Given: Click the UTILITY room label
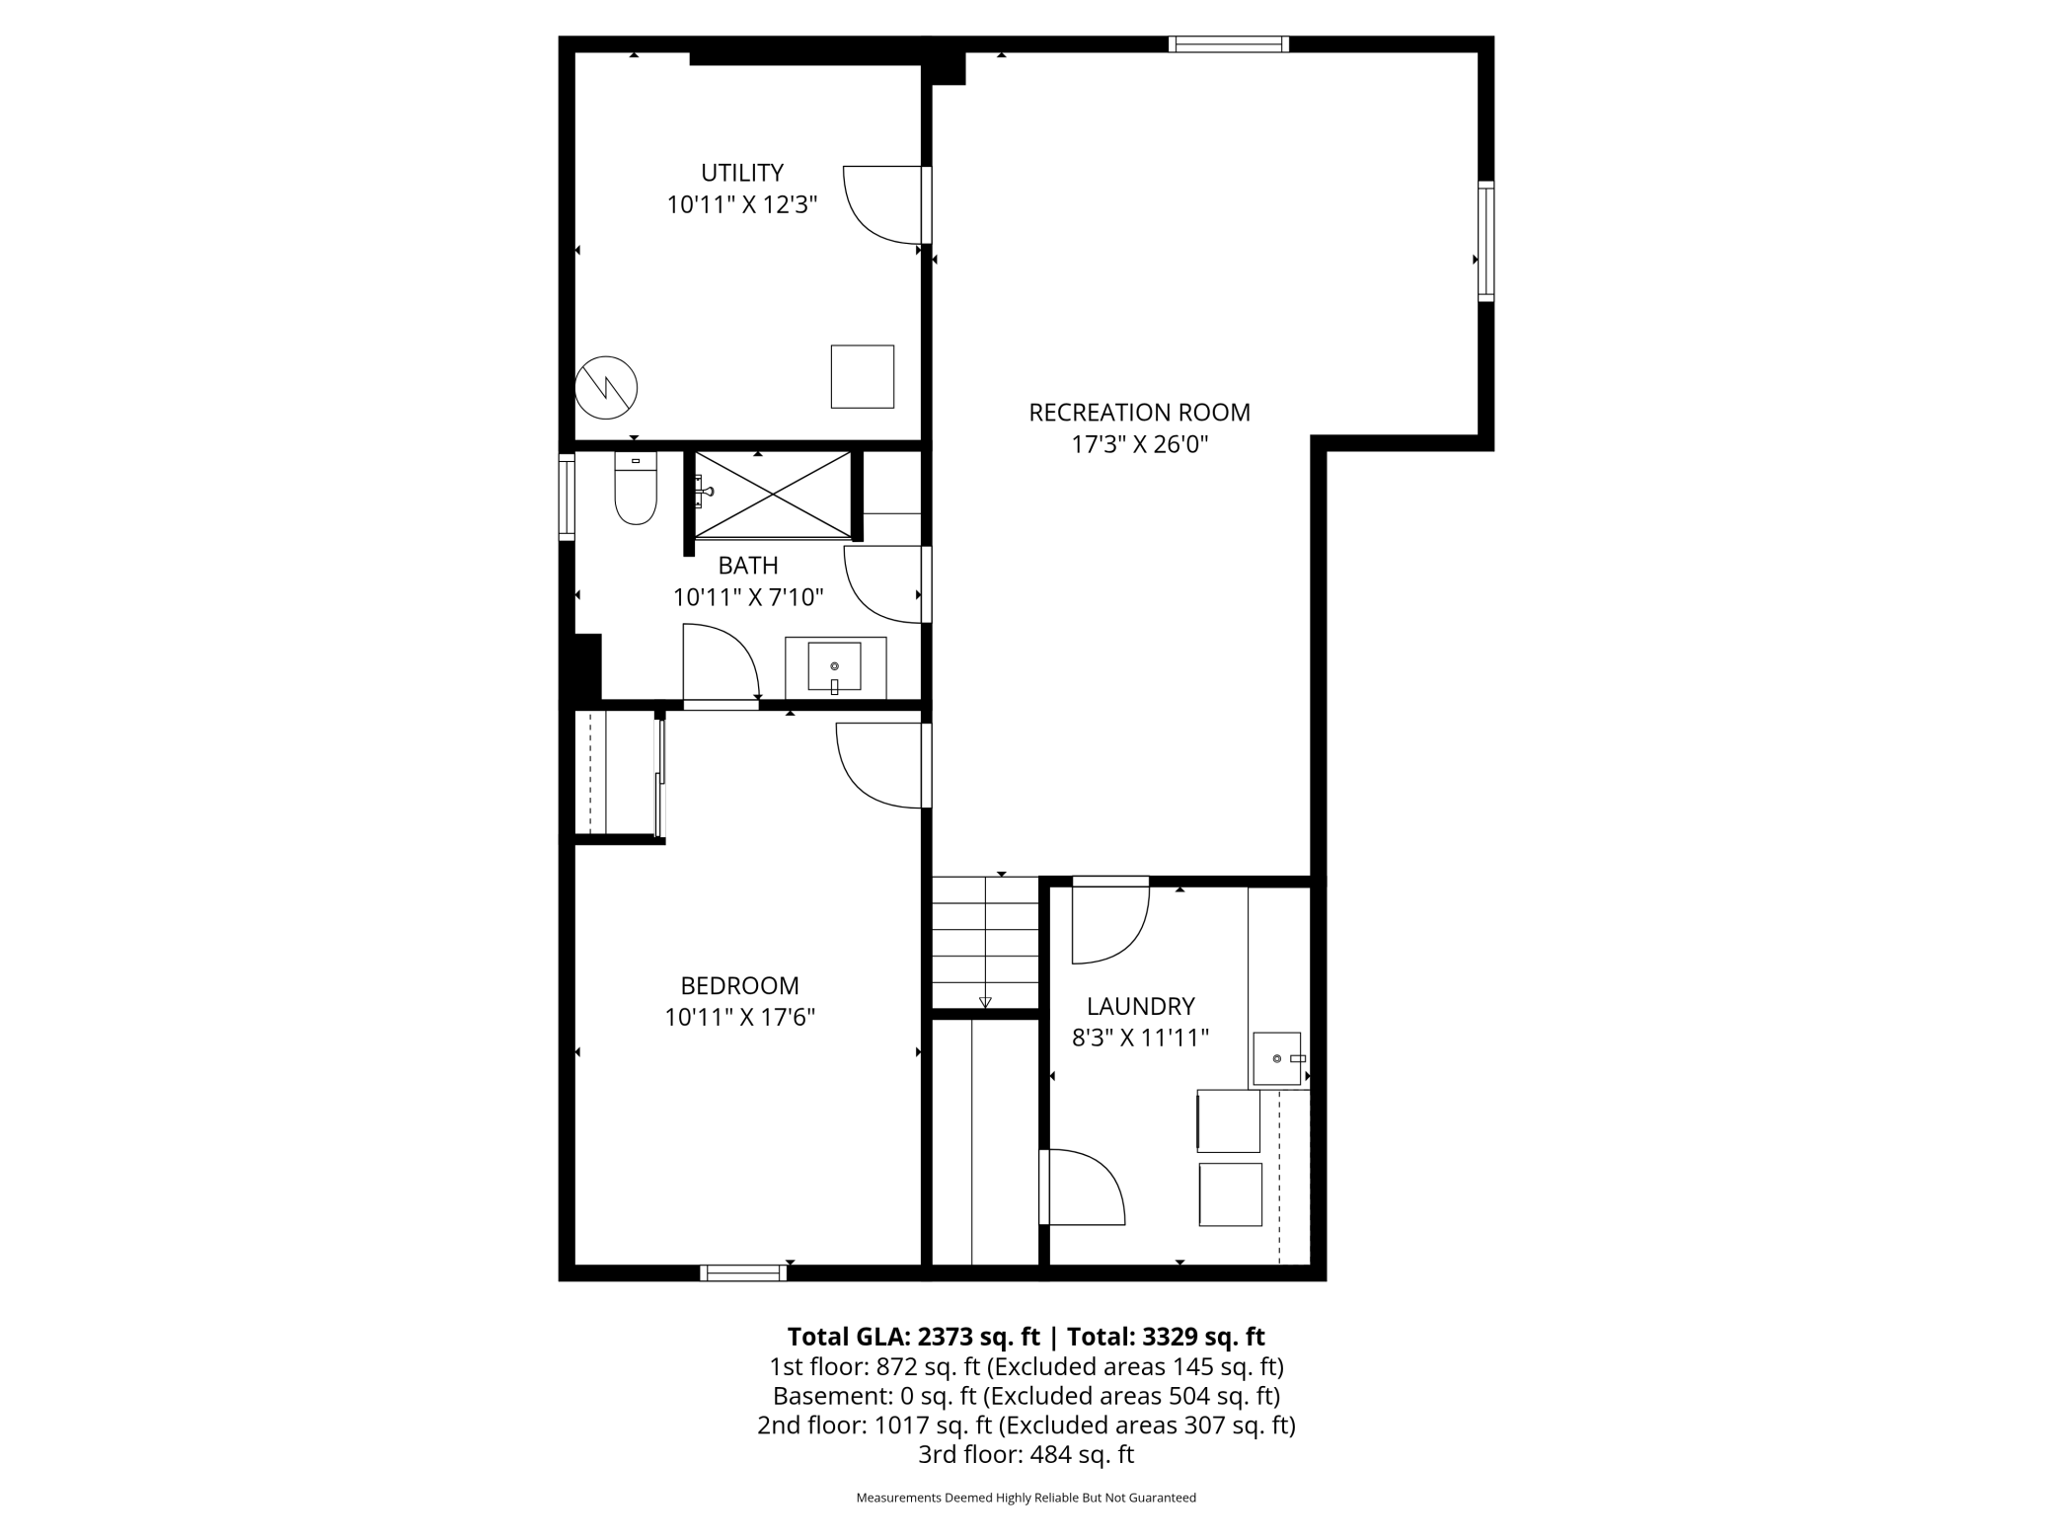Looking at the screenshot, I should [x=742, y=173].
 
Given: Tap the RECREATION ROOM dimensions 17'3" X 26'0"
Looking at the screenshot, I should [x=1139, y=444].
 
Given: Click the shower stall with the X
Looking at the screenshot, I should [x=773, y=495].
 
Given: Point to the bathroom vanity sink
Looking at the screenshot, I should [x=834, y=666].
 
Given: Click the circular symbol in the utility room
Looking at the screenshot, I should [x=606, y=387].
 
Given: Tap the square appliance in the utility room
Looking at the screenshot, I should [x=862, y=376].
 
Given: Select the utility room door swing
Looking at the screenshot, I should [x=883, y=204].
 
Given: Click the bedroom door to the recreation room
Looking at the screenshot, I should [x=881, y=766].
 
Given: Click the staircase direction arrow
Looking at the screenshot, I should [x=985, y=1002].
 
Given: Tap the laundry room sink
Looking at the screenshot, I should [x=1277, y=1058].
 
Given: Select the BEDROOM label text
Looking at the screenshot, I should [x=739, y=985].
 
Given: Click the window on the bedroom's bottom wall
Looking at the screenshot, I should [x=743, y=1272].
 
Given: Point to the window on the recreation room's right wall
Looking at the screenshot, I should [x=1485, y=241].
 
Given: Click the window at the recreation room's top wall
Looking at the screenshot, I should [x=1229, y=43].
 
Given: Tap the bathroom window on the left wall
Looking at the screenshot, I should [x=567, y=497].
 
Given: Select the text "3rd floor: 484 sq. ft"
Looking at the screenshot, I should [x=1026, y=1454].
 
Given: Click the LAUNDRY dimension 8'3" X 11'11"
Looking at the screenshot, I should [x=1140, y=1038].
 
